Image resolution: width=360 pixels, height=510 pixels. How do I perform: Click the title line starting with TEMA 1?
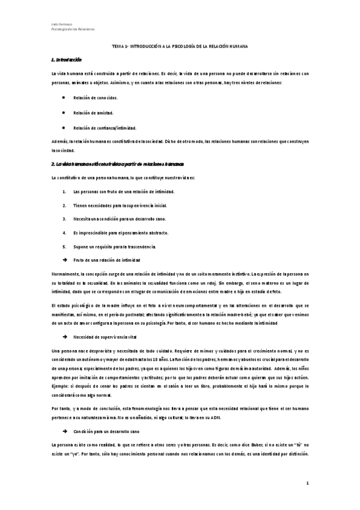point(180,46)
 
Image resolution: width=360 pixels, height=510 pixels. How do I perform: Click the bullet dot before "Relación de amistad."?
point(64,112)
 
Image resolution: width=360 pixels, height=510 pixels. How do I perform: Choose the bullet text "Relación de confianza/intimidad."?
point(105,127)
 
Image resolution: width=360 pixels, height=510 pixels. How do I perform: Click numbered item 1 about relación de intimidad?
point(123,191)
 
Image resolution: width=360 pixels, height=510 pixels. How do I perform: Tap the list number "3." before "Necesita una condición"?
point(64,219)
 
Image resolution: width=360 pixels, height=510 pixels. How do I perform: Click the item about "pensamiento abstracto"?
point(120,233)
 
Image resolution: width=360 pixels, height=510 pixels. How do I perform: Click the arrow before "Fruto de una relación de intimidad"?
point(64,260)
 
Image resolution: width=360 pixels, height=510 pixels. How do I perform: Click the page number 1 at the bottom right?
point(307,483)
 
